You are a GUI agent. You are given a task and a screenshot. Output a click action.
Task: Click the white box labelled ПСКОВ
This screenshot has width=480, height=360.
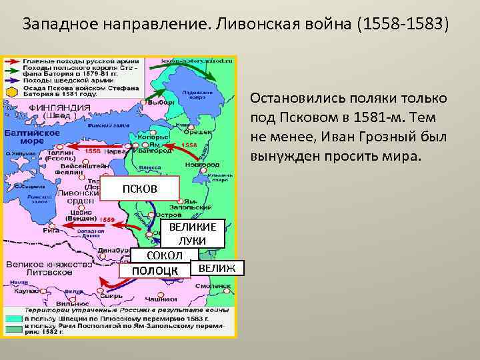pos(140,188)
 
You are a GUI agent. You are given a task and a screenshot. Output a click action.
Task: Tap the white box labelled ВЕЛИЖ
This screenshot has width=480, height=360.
pos(217,268)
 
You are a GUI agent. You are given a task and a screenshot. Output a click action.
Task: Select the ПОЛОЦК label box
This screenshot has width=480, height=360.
pos(155,270)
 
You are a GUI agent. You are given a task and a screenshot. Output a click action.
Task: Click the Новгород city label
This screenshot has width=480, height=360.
pos(202,163)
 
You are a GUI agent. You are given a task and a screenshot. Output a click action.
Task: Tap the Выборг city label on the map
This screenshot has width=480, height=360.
pos(157,103)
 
